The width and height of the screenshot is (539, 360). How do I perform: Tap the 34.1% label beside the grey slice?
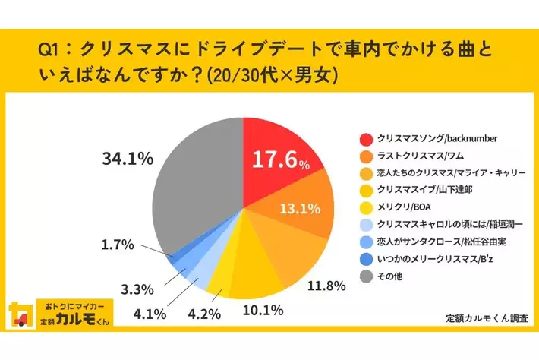(x=128, y=159)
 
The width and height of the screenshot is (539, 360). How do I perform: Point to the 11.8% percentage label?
(x=326, y=286)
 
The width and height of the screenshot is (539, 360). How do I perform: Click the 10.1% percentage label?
(x=263, y=309)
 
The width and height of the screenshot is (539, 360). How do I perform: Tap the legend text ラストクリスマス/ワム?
(x=416, y=156)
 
